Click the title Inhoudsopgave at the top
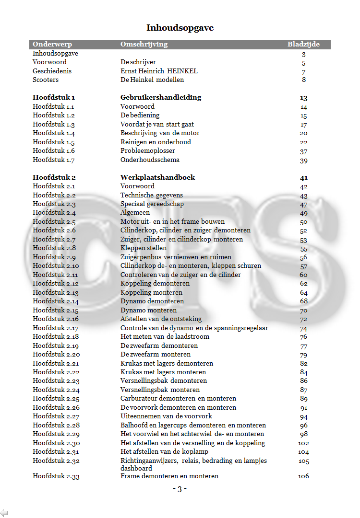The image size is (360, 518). coord(180,28)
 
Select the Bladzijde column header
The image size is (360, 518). coord(303,45)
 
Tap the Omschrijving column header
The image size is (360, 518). coord(144,45)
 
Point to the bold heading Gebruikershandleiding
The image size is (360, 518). coord(161,98)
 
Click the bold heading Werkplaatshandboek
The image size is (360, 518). coord(157,177)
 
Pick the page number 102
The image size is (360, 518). coord(303,443)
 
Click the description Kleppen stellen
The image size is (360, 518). coord(144,248)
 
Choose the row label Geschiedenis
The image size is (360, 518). coord(52,71)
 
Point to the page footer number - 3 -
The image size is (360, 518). coord(180,489)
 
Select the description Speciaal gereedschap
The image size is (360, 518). coord(152,204)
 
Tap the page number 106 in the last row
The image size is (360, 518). coord(303,476)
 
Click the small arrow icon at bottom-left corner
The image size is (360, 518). coord(4,513)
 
